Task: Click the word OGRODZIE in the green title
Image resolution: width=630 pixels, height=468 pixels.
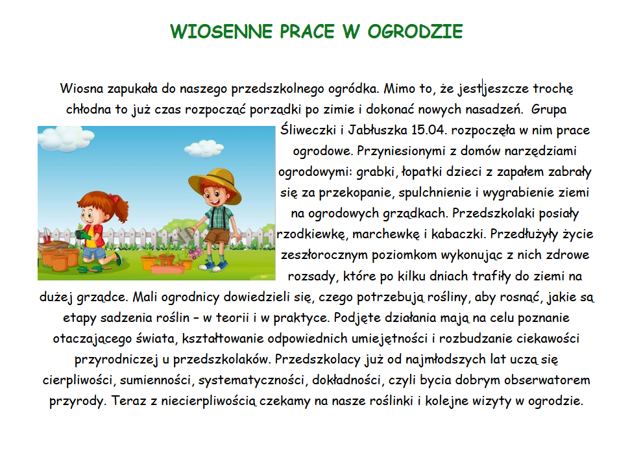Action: coord(415,31)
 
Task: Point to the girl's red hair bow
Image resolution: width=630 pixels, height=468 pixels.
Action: coord(114,198)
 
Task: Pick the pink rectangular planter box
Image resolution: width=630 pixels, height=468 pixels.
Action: coord(167,269)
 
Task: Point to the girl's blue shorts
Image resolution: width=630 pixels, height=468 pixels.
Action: coord(93,252)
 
